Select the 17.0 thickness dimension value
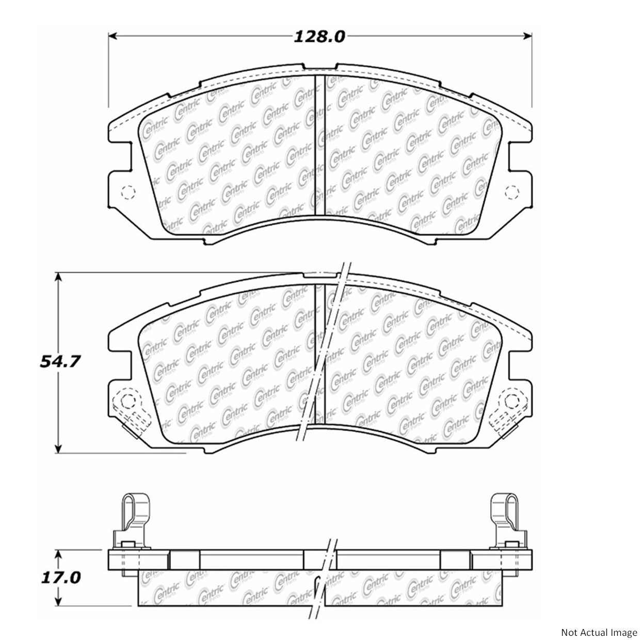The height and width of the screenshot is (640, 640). click(x=60, y=577)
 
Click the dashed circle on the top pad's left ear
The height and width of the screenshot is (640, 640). click(x=127, y=193)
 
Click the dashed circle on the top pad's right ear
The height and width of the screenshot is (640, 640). click(x=512, y=193)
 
